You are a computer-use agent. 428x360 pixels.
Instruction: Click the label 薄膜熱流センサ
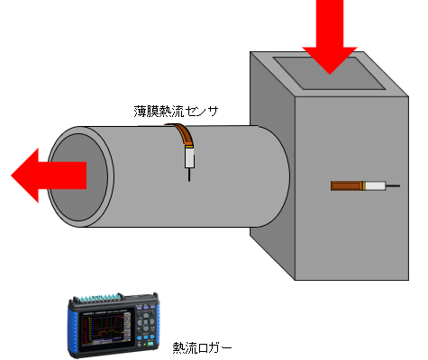point(176,112)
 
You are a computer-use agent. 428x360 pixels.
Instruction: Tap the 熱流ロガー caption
point(202,347)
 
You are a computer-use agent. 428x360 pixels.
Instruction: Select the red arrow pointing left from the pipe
point(49,175)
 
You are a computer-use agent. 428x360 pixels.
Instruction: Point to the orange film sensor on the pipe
point(183,134)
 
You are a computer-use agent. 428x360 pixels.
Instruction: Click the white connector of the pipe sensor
point(189,158)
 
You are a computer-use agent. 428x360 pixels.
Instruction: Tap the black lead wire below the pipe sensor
point(189,175)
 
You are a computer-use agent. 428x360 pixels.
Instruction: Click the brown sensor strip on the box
point(347,185)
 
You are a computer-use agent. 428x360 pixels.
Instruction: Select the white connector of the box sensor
point(376,185)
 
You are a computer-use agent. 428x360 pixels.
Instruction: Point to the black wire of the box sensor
point(393,186)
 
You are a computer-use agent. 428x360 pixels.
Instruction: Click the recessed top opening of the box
point(329,73)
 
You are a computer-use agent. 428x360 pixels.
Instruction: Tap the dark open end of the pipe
point(78,177)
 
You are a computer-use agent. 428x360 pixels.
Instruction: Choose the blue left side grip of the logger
point(71,329)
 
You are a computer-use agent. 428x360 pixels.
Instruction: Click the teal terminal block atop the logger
point(99,298)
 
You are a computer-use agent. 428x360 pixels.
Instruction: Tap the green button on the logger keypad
point(150,344)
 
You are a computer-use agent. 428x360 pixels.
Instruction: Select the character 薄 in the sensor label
point(140,112)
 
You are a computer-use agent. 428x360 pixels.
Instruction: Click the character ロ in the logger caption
point(204,348)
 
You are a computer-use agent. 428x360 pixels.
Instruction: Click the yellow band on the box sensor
point(364,185)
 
